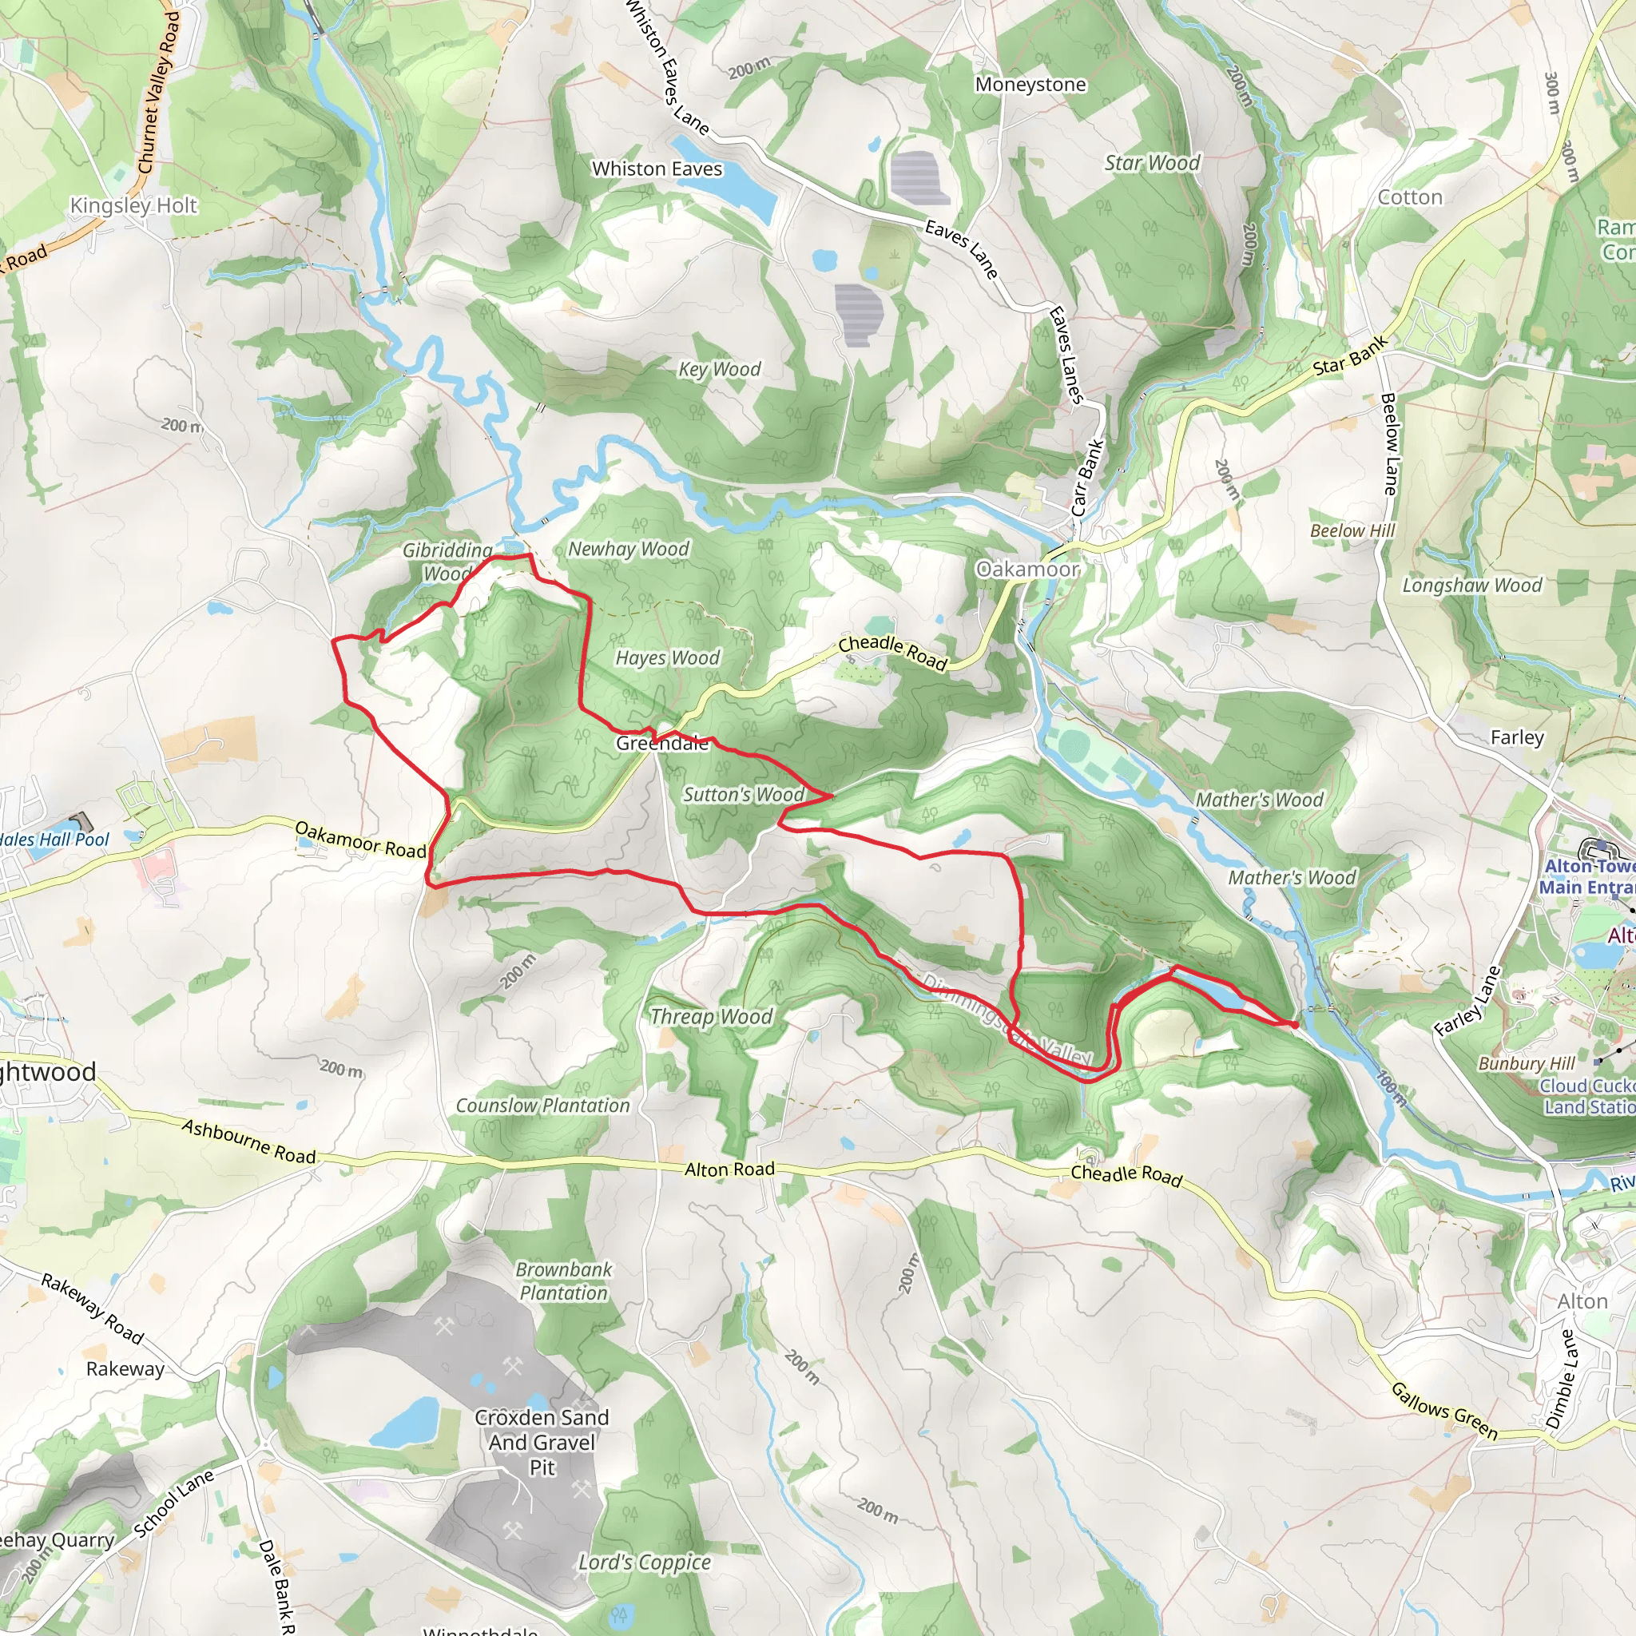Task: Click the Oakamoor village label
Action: click(1027, 569)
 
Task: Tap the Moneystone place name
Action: click(1030, 85)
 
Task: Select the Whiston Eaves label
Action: click(657, 169)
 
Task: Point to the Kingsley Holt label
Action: click(133, 206)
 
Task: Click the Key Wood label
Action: click(719, 369)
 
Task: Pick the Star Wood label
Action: click(1152, 164)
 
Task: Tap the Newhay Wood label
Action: click(629, 549)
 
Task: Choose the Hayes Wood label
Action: click(667, 658)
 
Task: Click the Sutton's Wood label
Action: click(744, 794)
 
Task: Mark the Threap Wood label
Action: click(711, 1016)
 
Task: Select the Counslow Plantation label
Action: click(542, 1105)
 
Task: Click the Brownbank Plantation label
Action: click(564, 1281)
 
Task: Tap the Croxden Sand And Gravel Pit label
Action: click(542, 1441)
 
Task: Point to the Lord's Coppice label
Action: click(645, 1563)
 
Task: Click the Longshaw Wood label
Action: click(1471, 585)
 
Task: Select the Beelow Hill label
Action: click(1352, 531)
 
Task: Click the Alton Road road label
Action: click(729, 1169)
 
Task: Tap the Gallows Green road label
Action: click(1444, 1411)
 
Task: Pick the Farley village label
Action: click(1517, 737)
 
